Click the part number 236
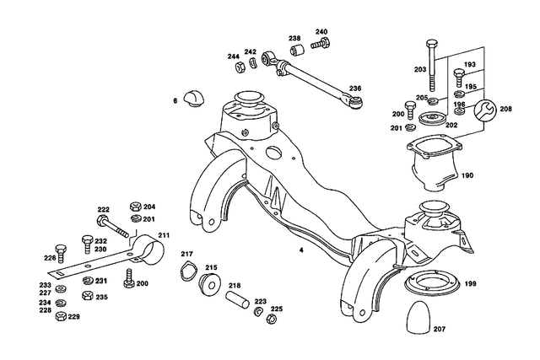(355, 88)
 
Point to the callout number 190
(468, 176)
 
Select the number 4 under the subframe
(300, 251)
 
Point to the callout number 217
(186, 254)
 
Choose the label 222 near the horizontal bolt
(104, 210)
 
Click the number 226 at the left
(50, 258)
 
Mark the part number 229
(74, 317)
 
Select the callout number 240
(321, 32)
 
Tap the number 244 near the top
(233, 56)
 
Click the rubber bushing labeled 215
(210, 282)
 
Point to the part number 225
(276, 309)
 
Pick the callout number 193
(470, 64)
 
